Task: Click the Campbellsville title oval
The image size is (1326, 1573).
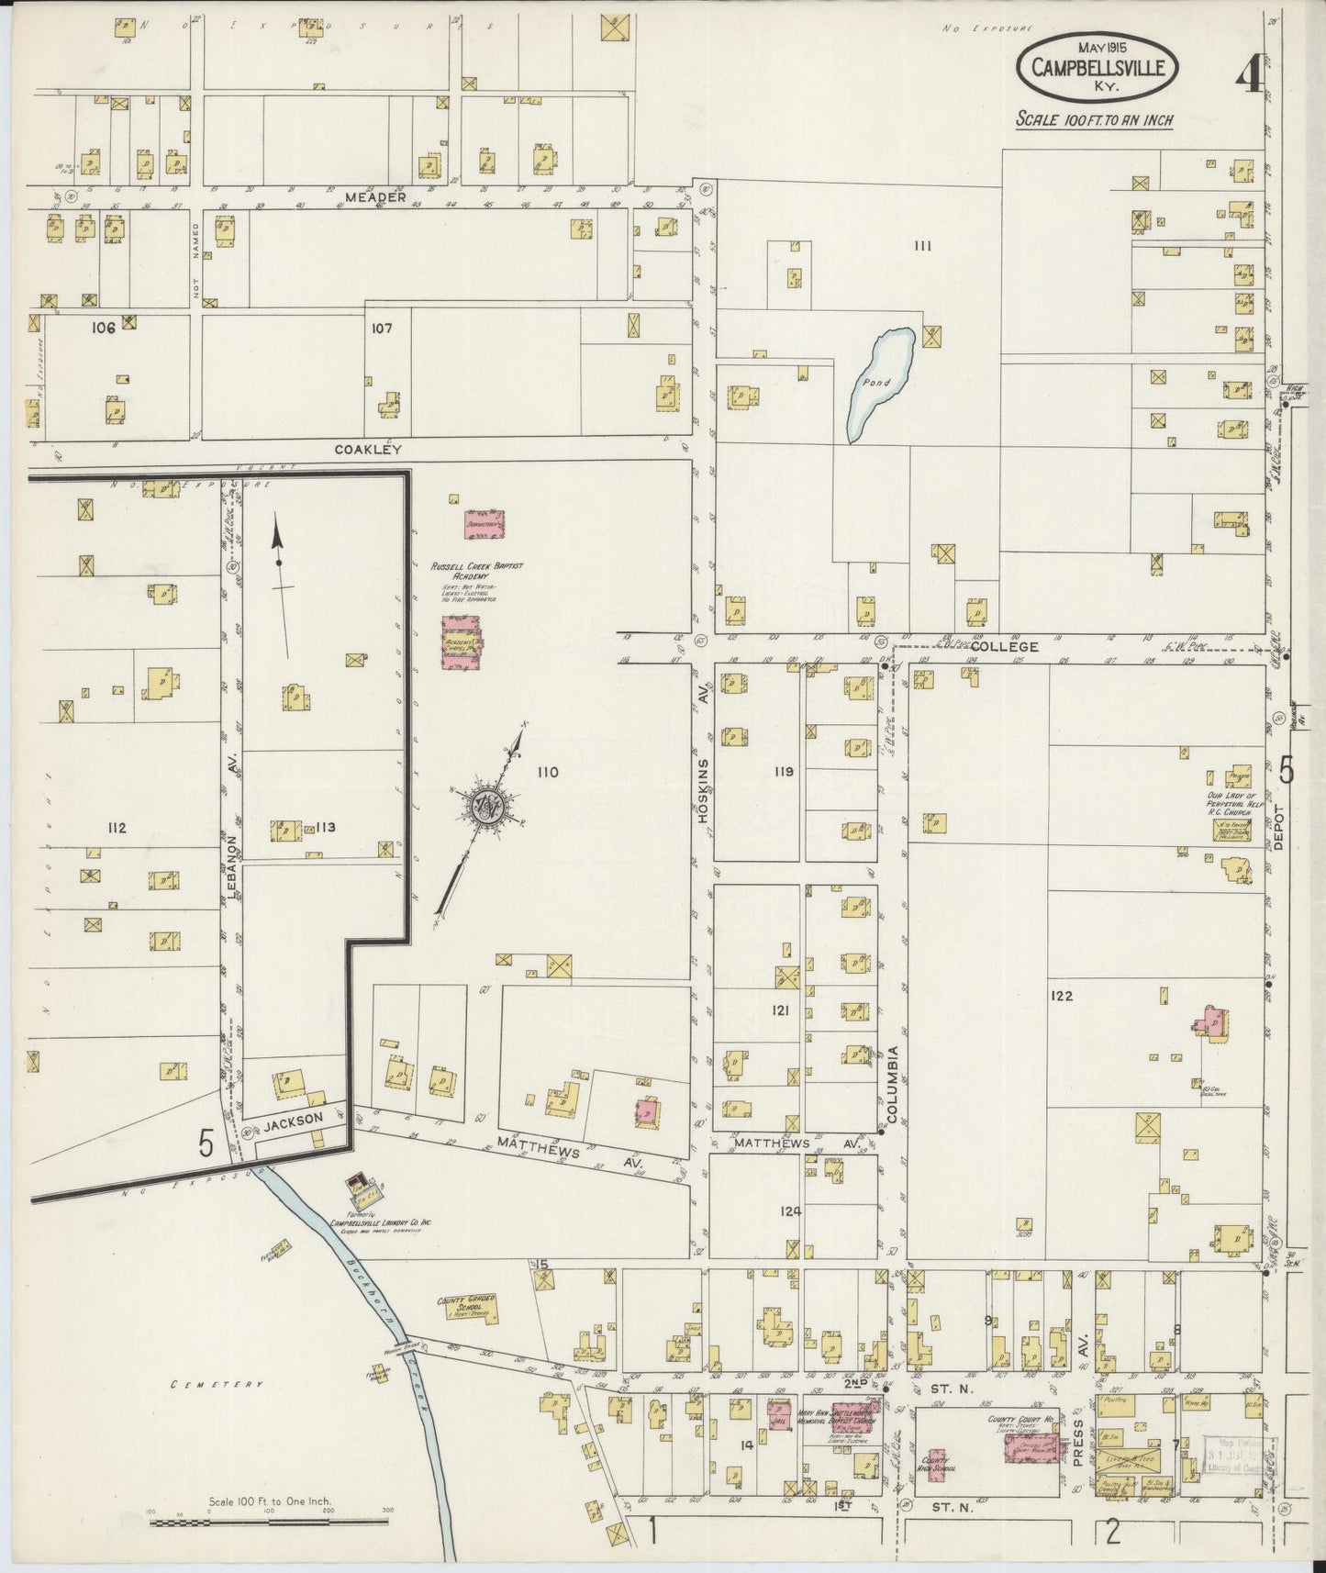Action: [x=1098, y=67]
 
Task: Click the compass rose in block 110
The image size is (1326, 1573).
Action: [x=484, y=805]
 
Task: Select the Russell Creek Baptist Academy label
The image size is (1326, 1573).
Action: [x=467, y=571]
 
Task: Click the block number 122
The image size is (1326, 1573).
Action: [x=1063, y=995]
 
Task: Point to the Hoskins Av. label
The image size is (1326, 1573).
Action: [x=704, y=790]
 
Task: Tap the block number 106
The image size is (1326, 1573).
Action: [x=103, y=328]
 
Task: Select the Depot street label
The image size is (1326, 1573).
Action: [x=1281, y=843]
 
